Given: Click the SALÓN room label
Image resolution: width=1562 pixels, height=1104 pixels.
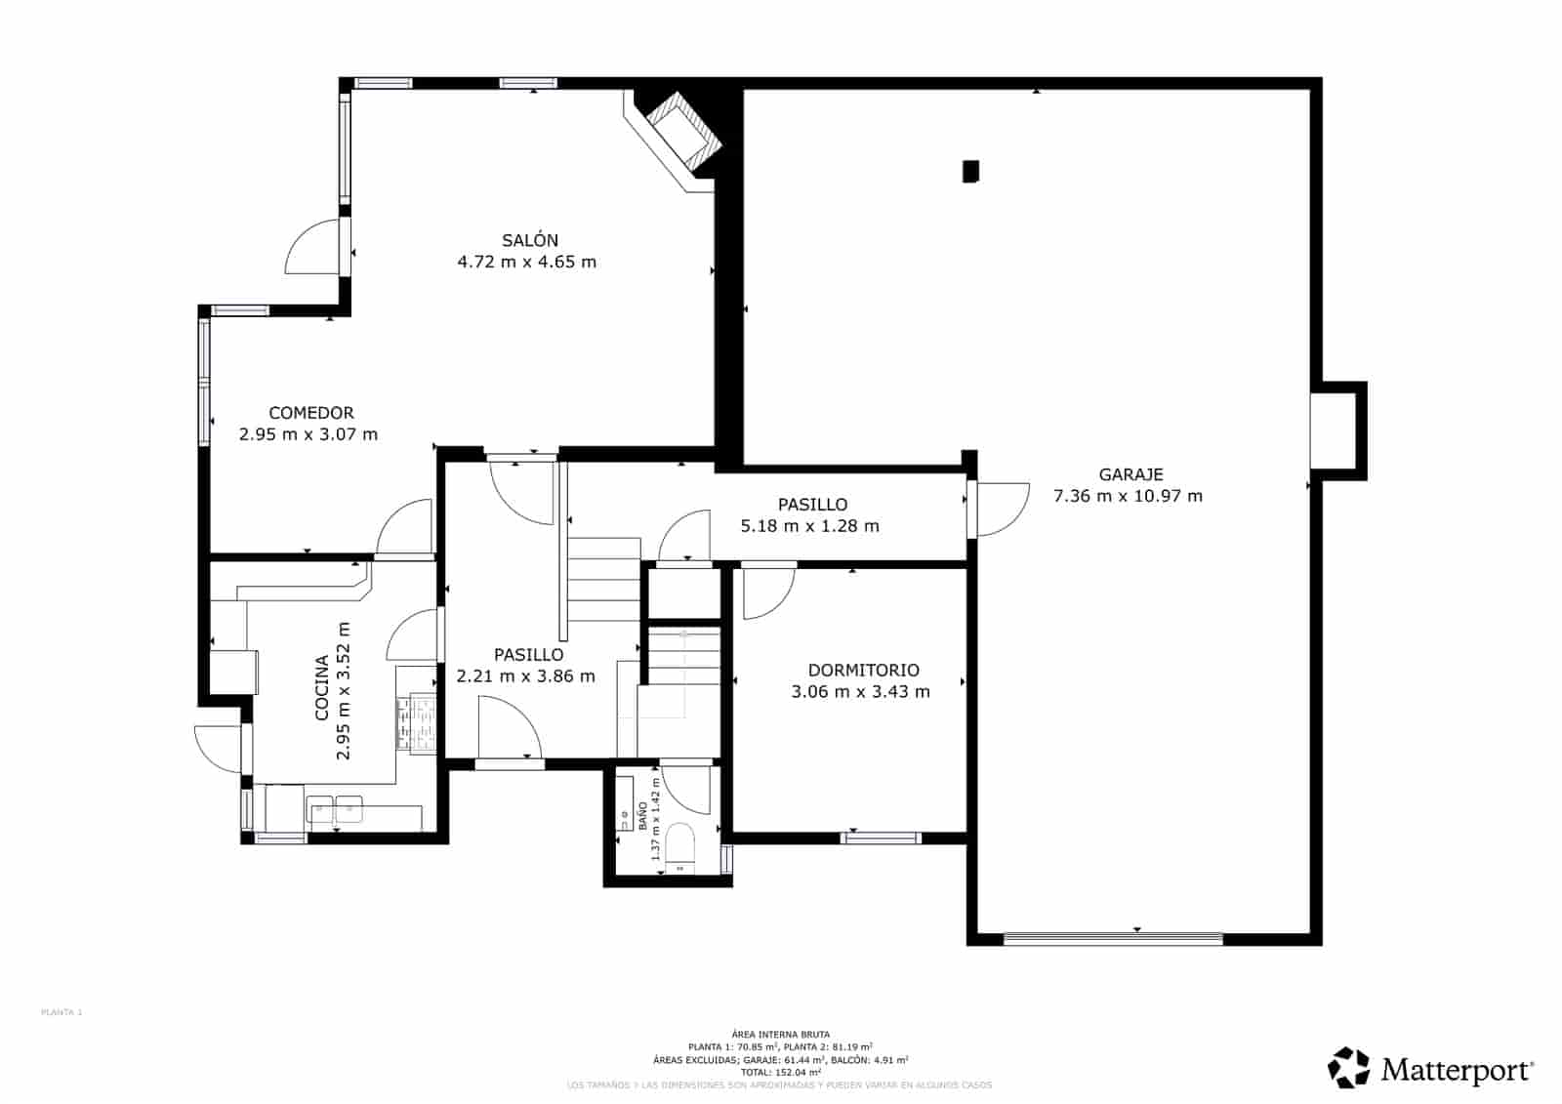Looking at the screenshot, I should (x=530, y=240).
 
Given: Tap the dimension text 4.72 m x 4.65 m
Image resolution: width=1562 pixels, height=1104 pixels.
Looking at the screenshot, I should (x=526, y=262).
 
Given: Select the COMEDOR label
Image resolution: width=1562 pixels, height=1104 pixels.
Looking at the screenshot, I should (x=311, y=413).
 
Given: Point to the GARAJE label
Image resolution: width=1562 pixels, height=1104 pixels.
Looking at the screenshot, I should (x=1130, y=474).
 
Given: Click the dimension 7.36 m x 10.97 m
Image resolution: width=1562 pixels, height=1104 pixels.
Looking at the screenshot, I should (x=1128, y=496).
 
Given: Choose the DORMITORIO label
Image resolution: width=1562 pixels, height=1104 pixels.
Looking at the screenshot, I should (x=863, y=671).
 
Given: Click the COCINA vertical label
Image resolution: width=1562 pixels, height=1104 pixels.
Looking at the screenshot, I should (x=322, y=688).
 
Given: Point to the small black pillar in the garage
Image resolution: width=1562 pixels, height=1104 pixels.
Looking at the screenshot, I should (x=970, y=172).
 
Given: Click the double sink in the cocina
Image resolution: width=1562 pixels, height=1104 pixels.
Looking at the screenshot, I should (x=335, y=808).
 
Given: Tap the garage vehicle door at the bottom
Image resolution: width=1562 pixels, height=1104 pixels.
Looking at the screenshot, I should (x=1113, y=939).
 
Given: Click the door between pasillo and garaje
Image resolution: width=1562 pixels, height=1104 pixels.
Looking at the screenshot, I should (x=998, y=510).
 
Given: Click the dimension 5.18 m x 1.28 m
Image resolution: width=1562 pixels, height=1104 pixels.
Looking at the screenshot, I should (x=809, y=526).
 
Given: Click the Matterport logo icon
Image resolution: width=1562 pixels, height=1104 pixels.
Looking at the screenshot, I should (x=1349, y=1068).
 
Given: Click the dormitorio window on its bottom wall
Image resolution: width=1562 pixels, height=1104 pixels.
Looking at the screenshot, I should (x=882, y=838).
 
